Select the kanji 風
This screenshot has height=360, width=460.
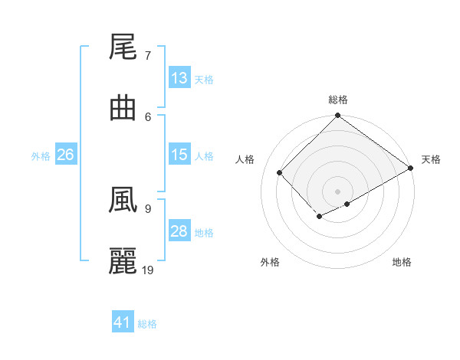(x=123, y=201)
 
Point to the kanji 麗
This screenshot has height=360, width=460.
(x=123, y=261)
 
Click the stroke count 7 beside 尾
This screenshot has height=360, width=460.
(x=147, y=56)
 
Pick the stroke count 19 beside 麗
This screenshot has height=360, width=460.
(x=149, y=270)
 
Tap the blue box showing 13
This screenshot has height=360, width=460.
(x=179, y=78)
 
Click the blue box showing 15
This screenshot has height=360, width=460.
(x=179, y=155)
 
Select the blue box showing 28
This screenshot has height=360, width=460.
(x=179, y=231)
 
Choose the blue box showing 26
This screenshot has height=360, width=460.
(x=66, y=155)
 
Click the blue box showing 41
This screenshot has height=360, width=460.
(x=123, y=322)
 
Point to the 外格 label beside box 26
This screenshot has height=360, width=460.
(x=41, y=155)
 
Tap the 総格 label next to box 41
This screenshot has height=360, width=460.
(x=147, y=324)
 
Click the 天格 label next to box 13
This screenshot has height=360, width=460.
(x=203, y=79)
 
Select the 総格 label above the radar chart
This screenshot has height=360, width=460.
(x=338, y=100)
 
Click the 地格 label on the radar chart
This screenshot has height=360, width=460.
(x=402, y=262)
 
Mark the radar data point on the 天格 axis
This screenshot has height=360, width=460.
(x=411, y=169)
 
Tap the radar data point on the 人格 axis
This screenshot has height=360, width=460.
(x=280, y=172)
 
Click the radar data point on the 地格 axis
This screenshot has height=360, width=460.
(x=347, y=204)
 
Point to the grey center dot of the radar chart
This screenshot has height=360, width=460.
(x=337, y=191)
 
